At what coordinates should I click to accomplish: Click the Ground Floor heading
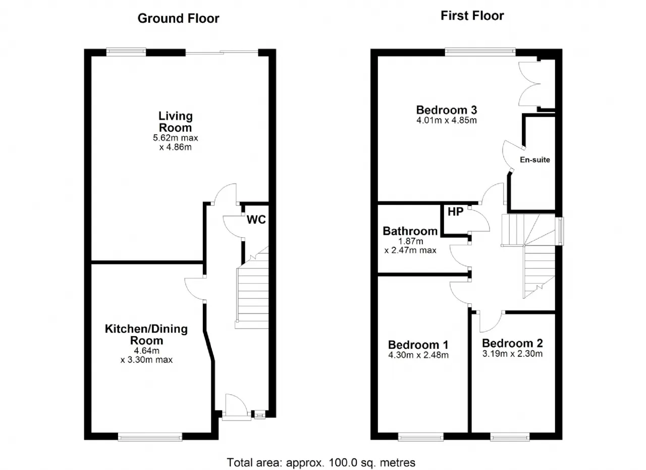coord(178,19)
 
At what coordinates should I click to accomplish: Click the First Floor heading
coord(472,16)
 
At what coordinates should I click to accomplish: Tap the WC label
coord(256,220)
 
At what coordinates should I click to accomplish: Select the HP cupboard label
coord(455,212)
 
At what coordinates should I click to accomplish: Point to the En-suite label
coord(534,160)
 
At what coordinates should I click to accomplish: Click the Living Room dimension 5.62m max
coord(175,138)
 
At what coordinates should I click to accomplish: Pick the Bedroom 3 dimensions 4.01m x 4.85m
coord(447,120)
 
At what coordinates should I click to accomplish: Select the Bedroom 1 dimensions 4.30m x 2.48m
coord(418,355)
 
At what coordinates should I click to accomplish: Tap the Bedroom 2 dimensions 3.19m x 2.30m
coord(512,353)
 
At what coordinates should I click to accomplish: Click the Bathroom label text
coord(410,231)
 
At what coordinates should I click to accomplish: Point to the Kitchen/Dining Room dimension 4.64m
coord(146,350)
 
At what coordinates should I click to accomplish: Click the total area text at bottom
coord(321,462)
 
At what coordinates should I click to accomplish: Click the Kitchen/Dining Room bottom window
coord(150,437)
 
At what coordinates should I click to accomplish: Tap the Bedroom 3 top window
coord(480,52)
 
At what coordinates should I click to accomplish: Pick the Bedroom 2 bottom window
coord(510,437)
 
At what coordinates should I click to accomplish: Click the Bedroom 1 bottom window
coord(421,437)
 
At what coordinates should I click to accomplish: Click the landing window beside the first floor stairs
coord(560,231)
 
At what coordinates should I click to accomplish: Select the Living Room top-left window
coord(126,52)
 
